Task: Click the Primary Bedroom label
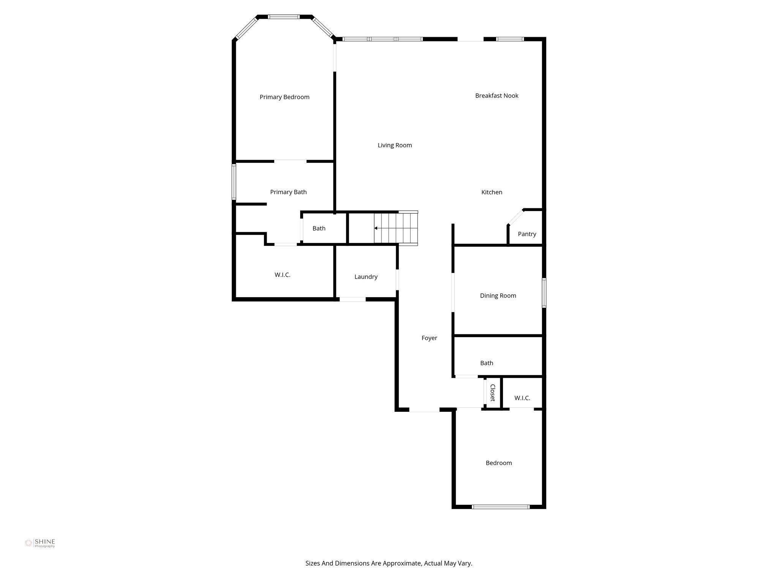click(285, 97)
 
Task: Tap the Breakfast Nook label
click(497, 96)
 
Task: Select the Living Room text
click(395, 145)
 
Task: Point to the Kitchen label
click(492, 192)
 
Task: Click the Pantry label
click(527, 234)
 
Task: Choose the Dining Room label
click(498, 296)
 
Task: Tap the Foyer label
click(429, 338)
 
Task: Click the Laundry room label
click(366, 277)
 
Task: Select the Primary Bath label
click(288, 192)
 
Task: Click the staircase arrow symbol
click(376, 228)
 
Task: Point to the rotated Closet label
click(493, 393)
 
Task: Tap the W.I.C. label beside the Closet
click(522, 398)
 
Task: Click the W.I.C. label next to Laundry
click(282, 275)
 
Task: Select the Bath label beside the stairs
click(319, 228)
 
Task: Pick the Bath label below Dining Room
click(486, 363)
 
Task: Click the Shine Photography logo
click(40, 543)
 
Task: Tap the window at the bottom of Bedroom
click(500, 507)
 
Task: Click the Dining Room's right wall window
click(544, 293)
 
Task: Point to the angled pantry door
click(516, 217)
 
